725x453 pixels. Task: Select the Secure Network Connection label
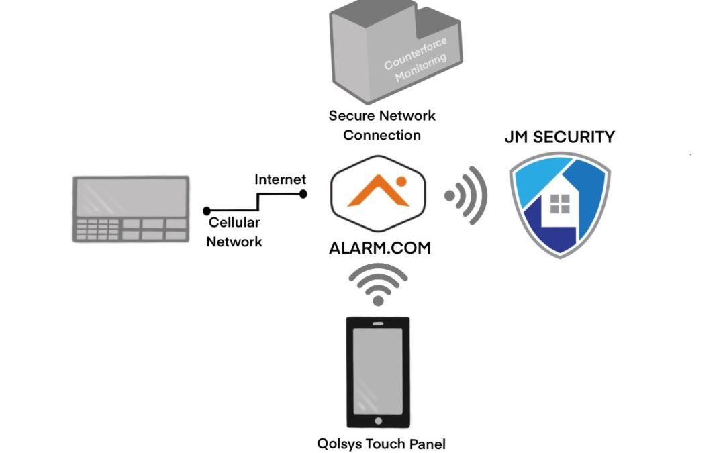(x=382, y=125)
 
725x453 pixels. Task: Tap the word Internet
(x=280, y=179)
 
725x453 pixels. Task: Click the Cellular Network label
(x=234, y=232)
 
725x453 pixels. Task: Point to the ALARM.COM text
(x=379, y=248)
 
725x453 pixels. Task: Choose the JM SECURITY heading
(x=559, y=138)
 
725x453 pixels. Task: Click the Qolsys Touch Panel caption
(x=381, y=444)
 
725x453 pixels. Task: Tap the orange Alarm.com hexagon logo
(x=379, y=193)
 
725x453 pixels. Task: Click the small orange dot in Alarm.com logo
(x=401, y=181)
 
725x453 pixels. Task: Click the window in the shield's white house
(x=559, y=203)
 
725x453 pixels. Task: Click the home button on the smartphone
(x=378, y=421)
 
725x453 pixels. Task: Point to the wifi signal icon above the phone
(x=378, y=284)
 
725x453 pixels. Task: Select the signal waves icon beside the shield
(x=466, y=195)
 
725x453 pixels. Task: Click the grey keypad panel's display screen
(x=131, y=197)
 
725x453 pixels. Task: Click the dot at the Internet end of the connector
(x=303, y=194)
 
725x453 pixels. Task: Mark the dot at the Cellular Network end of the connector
(x=207, y=211)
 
